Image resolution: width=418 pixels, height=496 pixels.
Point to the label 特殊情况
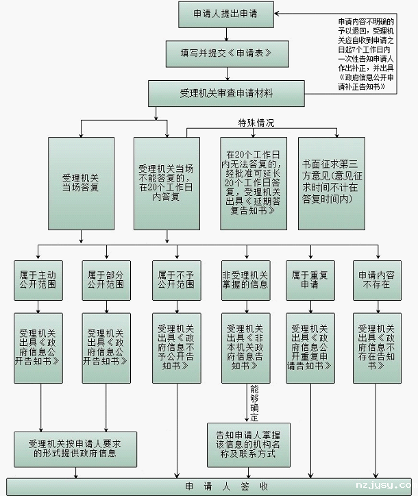(256, 123)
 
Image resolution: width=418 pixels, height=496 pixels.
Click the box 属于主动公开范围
(38, 279)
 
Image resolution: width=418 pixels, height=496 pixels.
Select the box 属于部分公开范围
(106, 279)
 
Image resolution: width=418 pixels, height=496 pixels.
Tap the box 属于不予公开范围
(176, 279)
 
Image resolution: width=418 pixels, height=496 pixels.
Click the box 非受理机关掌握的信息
(245, 279)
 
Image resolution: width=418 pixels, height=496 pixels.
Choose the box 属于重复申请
(310, 279)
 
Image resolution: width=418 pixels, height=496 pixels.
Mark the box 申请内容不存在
(377, 279)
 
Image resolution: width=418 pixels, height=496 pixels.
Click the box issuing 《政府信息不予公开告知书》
(176, 347)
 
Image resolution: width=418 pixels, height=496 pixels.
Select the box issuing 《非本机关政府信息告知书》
(245, 347)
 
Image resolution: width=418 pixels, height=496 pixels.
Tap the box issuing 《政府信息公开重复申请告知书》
(310, 347)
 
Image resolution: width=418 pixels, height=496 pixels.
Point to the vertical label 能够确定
(254, 404)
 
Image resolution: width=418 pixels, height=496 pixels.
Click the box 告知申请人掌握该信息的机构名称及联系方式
(248, 445)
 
